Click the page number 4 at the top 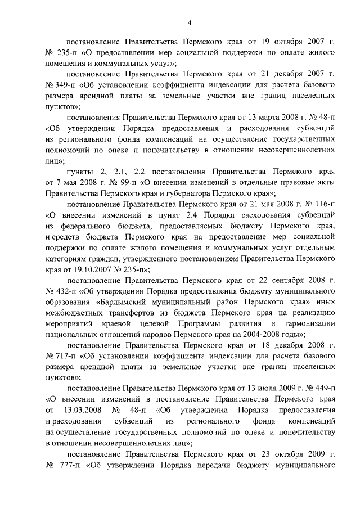[190, 22]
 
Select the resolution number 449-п [325, 388]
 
